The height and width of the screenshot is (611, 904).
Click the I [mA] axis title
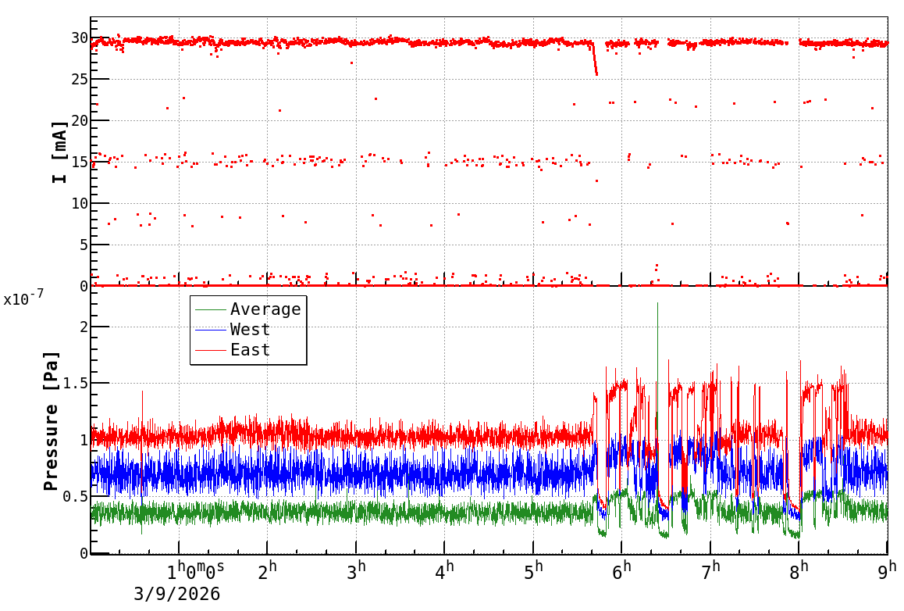point(59,152)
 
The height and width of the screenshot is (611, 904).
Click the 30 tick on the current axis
point(78,38)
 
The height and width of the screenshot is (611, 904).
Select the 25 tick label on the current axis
point(78,79)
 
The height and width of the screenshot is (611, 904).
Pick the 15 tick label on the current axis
point(78,162)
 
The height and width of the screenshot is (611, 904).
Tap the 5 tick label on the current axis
point(82,245)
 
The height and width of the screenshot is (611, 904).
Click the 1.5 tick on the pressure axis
point(73,383)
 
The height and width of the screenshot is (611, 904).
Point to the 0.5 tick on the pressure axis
point(73,497)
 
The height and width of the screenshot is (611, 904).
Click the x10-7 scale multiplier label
point(23,298)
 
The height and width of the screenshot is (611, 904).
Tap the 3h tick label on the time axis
point(358,573)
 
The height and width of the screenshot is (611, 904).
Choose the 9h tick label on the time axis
point(888,573)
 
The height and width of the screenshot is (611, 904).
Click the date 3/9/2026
point(177,595)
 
